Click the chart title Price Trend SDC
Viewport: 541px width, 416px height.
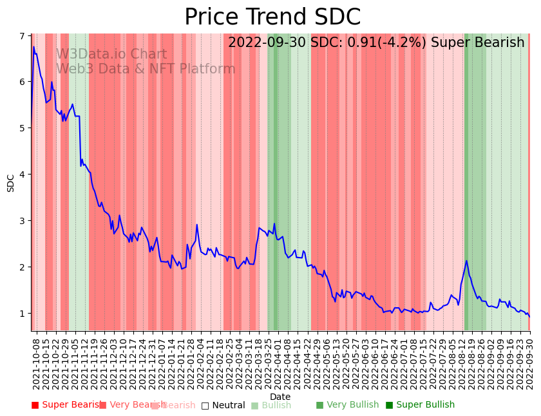tap(272, 17)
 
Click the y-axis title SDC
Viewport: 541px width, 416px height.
tap(11, 183)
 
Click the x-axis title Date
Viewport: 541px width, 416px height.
tap(280, 397)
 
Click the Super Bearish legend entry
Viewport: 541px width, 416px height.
tap(67, 405)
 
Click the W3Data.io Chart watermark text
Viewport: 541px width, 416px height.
tap(111, 55)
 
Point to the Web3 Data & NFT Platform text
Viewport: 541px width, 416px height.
tap(146, 69)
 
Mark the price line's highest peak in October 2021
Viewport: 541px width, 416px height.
tap(33, 46)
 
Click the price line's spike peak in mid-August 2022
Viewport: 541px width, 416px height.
tap(466, 261)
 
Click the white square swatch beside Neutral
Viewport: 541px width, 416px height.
tap(205, 406)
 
